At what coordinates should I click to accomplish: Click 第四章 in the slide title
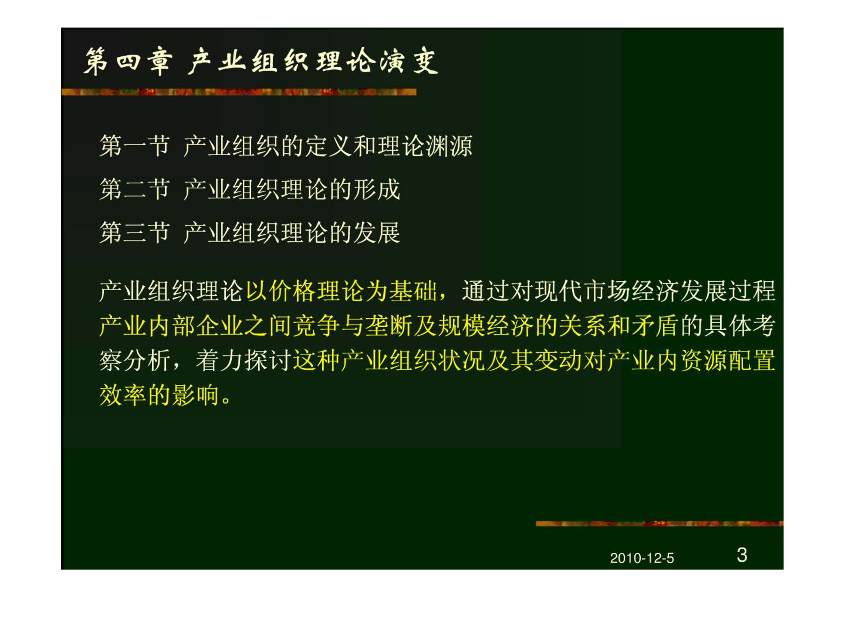128,61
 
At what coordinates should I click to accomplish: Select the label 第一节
135,146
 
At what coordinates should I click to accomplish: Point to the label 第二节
135,189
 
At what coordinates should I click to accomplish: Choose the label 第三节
135,232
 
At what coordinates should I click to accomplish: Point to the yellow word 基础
413,291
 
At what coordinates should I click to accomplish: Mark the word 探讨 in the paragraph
268,361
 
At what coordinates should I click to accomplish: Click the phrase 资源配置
727,361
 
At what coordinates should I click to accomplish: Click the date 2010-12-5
642,558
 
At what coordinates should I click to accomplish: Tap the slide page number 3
742,555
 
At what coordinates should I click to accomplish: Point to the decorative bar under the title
239,92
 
